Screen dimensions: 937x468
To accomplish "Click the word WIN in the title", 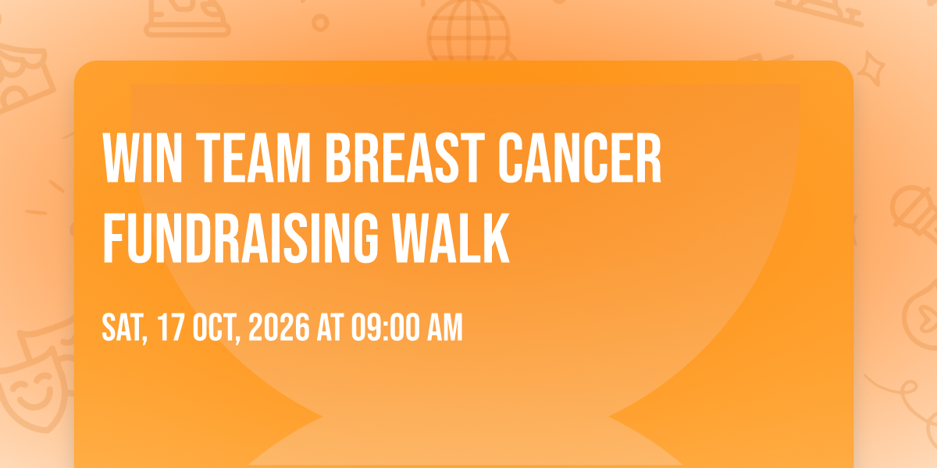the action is pos(143,158).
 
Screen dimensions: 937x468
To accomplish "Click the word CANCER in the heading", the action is pos(579,158).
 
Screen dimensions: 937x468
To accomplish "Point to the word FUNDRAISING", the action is pos(240,238).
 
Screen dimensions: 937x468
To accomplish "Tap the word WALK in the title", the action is pos(451,238).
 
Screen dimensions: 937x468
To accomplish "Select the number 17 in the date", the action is pos(172,328).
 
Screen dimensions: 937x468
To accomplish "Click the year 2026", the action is pos(280,328).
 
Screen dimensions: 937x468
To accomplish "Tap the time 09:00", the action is pos(385,328).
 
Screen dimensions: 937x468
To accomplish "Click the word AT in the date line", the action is pos(330,328).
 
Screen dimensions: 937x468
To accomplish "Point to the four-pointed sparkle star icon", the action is pos(871,69).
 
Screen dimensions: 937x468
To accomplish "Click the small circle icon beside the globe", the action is pos(320,23).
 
